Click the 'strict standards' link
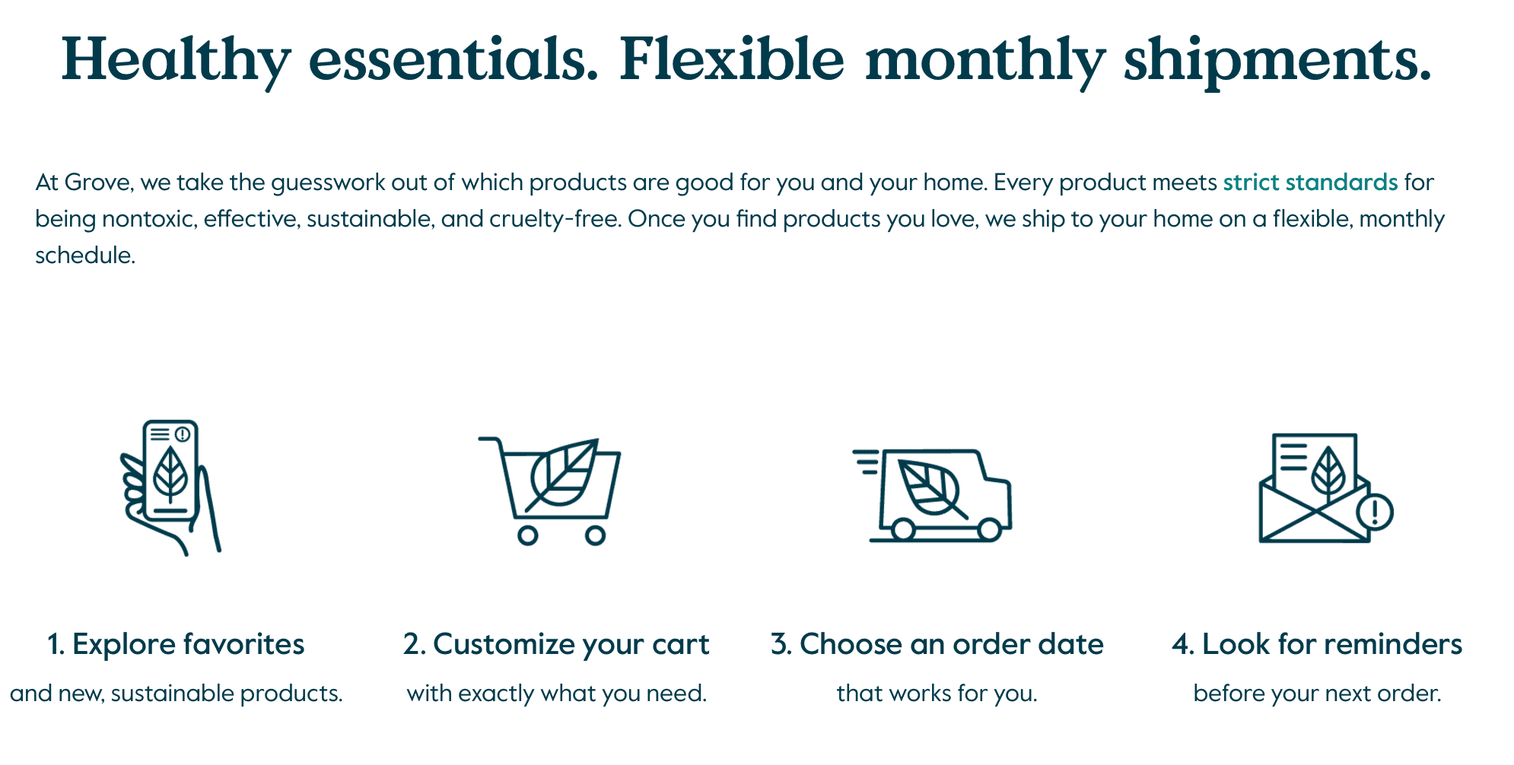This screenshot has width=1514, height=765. pos(1310,183)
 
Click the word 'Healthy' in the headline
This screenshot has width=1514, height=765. pos(176,60)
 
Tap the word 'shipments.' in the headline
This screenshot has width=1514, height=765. pos(1278,60)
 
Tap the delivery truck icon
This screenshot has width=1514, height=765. pos(933,494)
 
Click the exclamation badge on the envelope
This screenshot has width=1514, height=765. pos(1374,512)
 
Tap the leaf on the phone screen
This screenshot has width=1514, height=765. pos(170,475)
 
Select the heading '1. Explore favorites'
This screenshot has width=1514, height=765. pos(176,644)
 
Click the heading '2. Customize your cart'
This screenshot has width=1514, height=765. pos(556,644)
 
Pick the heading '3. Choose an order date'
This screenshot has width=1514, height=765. pos(937,644)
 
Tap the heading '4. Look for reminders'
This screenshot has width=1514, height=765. pos(1317,644)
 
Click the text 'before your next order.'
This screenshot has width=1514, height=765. pos(1317,694)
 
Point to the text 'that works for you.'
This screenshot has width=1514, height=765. pos(937,694)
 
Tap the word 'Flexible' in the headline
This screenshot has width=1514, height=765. pos(732,60)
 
